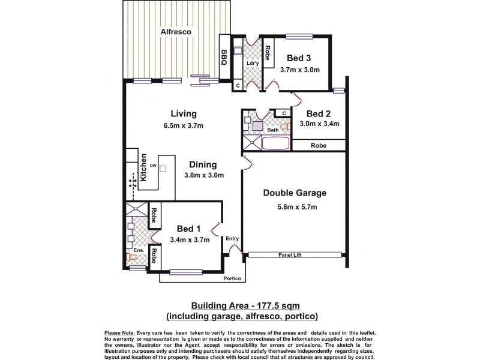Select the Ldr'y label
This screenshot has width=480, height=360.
point(253,63)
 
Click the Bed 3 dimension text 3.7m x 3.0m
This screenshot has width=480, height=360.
point(299,70)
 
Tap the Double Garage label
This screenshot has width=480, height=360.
point(295,193)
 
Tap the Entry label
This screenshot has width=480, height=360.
point(232,239)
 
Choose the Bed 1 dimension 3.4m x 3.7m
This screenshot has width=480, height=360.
point(190,240)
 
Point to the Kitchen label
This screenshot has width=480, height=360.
point(143,168)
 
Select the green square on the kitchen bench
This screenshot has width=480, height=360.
point(162,169)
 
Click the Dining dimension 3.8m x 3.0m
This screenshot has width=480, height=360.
point(204,176)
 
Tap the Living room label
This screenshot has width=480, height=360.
point(184,114)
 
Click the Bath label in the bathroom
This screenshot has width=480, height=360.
point(273,130)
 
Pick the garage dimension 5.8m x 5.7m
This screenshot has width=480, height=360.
point(295,207)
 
